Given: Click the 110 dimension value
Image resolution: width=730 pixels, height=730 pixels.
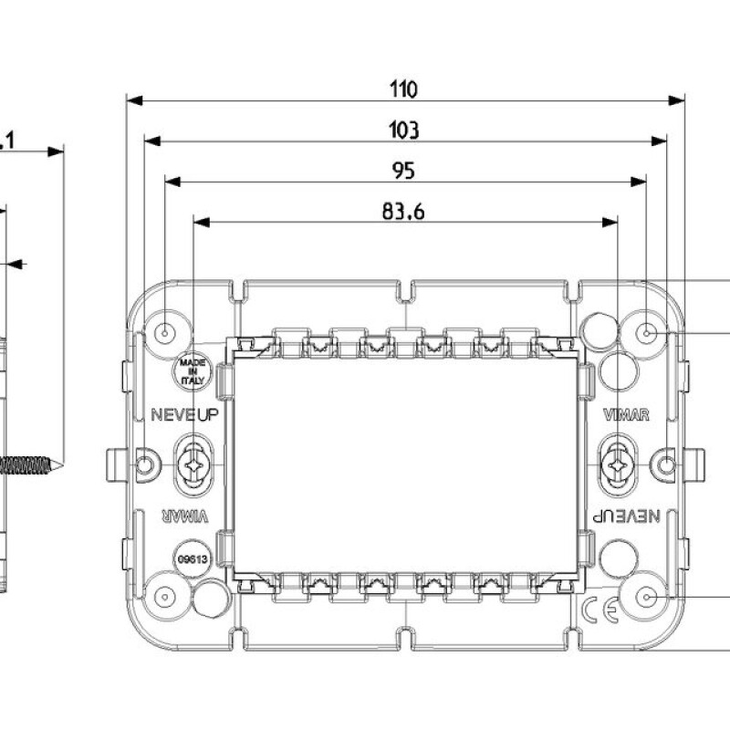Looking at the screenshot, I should (x=403, y=89).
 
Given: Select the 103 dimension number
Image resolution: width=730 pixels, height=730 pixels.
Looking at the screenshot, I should (x=403, y=130).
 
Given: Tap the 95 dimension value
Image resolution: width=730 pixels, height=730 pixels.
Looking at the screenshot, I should (x=403, y=171).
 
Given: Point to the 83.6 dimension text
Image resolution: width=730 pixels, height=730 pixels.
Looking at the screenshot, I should (x=403, y=212).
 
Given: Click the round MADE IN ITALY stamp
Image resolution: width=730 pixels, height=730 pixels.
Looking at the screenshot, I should (x=192, y=371).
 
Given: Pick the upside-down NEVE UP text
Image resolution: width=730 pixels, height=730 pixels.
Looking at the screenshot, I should (x=627, y=516).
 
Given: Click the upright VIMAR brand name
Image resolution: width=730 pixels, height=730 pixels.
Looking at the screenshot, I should (x=627, y=415).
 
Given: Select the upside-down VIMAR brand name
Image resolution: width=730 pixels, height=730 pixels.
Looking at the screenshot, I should (x=185, y=516).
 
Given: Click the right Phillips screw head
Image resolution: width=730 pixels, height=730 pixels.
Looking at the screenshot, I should (x=618, y=465).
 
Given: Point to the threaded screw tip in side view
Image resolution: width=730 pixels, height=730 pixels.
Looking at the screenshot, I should (x=32, y=465).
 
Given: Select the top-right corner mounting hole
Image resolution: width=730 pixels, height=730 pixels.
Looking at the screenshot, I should (x=647, y=333).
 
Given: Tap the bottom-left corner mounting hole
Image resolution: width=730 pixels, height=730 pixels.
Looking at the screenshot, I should (x=165, y=597).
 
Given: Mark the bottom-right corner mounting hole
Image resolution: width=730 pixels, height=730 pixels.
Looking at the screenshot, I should (x=646, y=598).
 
